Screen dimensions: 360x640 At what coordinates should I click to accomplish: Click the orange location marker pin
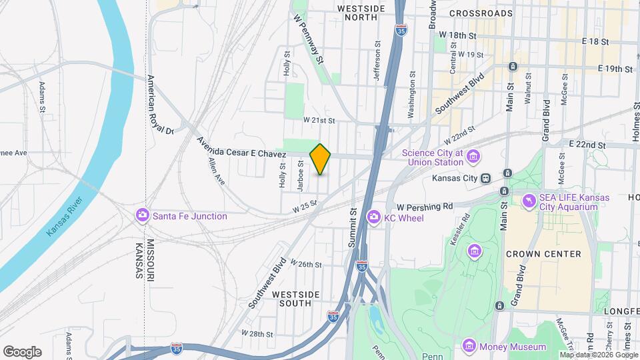tap(321, 159)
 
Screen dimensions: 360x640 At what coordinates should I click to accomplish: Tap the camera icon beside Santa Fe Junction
tap(142, 215)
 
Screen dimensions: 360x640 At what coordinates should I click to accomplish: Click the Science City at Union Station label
tap(432, 157)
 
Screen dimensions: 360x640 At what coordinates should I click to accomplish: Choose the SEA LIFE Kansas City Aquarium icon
tap(528, 200)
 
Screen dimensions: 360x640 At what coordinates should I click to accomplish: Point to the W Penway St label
tap(308, 40)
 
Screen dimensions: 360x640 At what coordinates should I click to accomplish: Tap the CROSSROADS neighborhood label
tap(481, 13)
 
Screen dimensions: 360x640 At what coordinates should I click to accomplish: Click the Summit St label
tap(353, 227)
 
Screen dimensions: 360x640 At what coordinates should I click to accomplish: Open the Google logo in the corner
tap(22, 352)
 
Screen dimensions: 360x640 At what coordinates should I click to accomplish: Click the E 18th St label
tap(595, 41)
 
